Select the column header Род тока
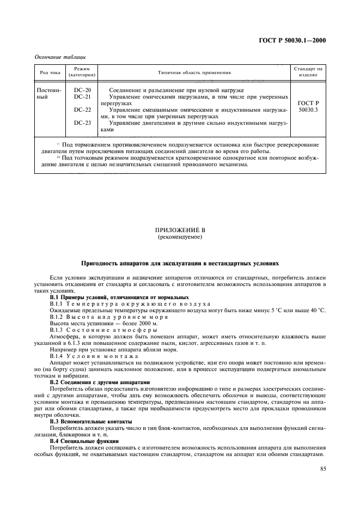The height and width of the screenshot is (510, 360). (x=50, y=72)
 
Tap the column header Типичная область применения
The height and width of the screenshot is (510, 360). (x=194, y=72)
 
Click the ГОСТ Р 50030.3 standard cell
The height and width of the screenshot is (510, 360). (x=308, y=106)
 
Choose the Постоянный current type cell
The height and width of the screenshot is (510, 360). (x=49, y=93)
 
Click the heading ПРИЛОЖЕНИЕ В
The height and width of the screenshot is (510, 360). (x=179, y=230)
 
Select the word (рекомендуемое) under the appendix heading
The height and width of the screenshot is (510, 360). (x=179, y=238)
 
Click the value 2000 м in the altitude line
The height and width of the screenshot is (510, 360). (x=131, y=324)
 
